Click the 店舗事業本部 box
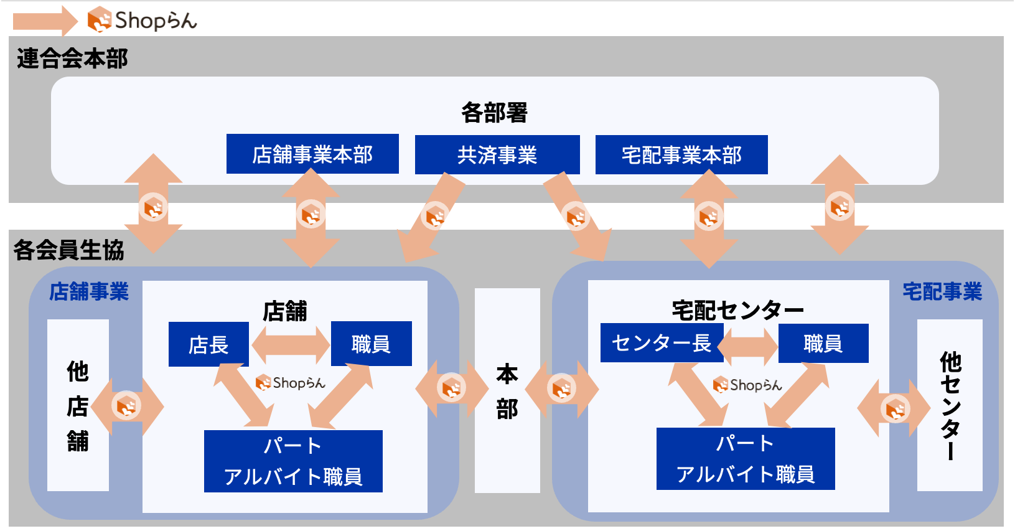click(x=312, y=154)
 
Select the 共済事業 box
click(x=497, y=154)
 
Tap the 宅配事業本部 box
click(x=681, y=154)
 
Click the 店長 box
click(x=208, y=344)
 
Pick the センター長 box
click(x=662, y=343)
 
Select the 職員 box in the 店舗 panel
click(x=371, y=344)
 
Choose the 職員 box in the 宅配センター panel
click(x=823, y=343)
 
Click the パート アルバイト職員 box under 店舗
click(x=293, y=461)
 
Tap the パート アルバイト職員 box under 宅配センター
click(x=746, y=459)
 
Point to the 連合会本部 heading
click(x=72, y=59)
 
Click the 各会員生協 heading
click(x=68, y=250)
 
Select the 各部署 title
click(x=494, y=112)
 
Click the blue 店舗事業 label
click(x=89, y=291)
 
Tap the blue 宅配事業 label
click(x=942, y=291)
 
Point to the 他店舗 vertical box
click(x=78, y=405)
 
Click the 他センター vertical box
click(x=950, y=405)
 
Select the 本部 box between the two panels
click(x=507, y=390)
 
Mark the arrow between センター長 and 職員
click(x=747, y=347)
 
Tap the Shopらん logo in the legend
click(x=143, y=20)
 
